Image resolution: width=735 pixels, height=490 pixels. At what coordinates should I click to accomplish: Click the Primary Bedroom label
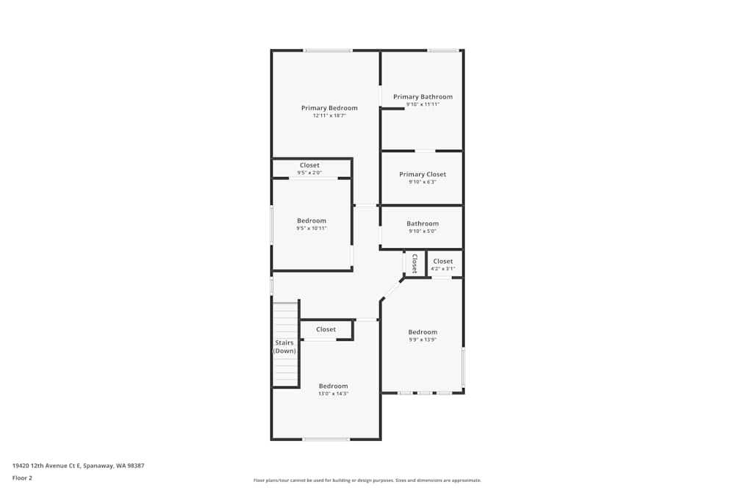click(x=329, y=108)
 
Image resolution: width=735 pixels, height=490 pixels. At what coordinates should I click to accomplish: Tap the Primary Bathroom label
click(x=423, y=97)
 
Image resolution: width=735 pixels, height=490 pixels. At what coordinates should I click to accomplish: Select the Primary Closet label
click(x=423, y=175)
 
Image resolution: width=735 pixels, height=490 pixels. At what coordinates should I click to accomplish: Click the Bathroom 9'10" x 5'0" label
click(x=423, y=224)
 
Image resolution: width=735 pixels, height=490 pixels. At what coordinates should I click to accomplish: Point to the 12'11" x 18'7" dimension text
click(x=329, y=115)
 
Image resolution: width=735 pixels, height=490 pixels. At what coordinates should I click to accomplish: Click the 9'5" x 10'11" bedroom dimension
click(x=312, y=228)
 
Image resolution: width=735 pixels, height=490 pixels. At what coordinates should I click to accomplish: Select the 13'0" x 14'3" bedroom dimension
click(x=333, y=394)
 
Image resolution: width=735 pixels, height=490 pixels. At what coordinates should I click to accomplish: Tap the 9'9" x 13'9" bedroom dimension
click(x=423, y=339)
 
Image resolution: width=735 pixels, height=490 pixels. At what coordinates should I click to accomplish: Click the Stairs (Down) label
click(x=284, y=347)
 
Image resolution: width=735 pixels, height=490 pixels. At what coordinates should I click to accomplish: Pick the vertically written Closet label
click(x=415, y=263)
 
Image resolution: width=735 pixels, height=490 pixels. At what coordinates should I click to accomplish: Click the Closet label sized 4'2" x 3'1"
click(x=443, y=262)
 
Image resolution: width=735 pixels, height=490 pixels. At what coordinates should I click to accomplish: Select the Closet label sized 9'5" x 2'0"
click(x=309, y=165)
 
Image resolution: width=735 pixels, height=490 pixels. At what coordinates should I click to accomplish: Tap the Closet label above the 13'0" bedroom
click(x=326, y=330)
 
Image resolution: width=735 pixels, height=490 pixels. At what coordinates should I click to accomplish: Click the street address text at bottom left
click(x=78, y=466)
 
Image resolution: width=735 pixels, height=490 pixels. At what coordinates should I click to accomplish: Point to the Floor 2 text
click(x=22, y=478)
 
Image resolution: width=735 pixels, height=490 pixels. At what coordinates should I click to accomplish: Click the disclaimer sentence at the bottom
click(x=367, y=480)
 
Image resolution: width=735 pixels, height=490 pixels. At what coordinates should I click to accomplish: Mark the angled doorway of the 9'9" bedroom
click(x=392, y=289)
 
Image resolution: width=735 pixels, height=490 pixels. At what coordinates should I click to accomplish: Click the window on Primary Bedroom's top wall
click(x=328, y=50)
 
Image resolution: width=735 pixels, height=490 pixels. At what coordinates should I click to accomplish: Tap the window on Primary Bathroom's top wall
click(x=443, y=50)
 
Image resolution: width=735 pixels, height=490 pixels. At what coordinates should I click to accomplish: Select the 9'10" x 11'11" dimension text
click(x=423, y=104)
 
